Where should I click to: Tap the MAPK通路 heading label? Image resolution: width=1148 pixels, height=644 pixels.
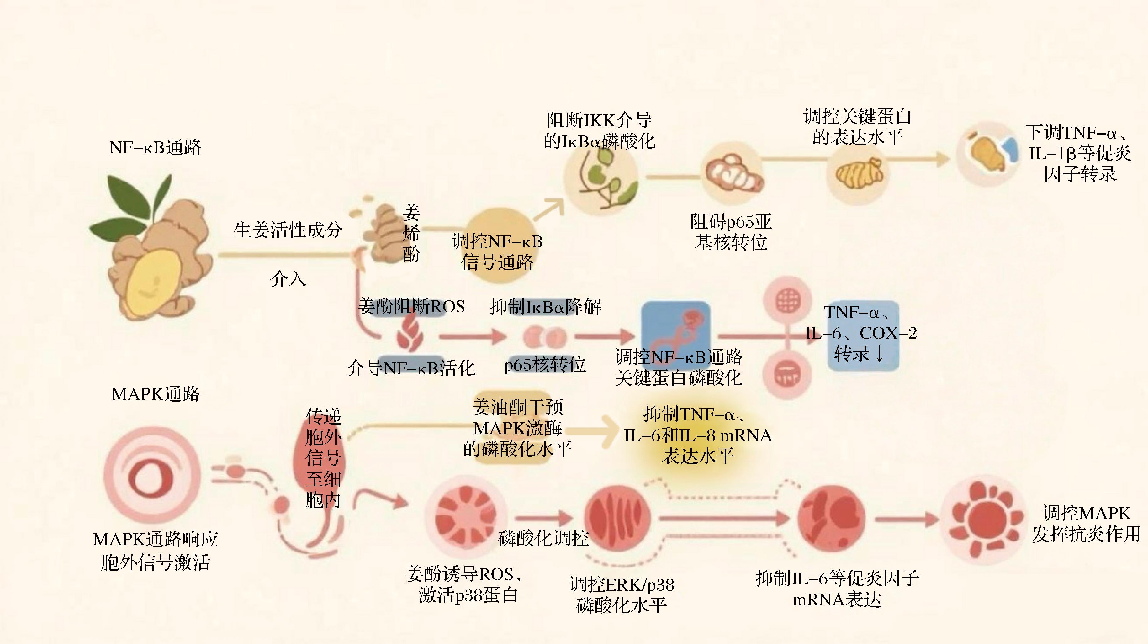click(156, 394)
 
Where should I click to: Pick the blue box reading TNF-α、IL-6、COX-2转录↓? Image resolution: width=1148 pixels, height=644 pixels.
click(862, 334)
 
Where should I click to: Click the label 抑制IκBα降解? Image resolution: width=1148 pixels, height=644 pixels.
click(546, 307)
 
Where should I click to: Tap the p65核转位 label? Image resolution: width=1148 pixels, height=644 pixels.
click(545, 365)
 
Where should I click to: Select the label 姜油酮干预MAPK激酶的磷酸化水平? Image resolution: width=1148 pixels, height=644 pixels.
click(517, 428)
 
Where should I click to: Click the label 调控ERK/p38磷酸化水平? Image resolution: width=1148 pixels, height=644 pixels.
click(622, 594)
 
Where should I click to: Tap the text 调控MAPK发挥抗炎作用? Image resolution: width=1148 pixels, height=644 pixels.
click(1086, 524)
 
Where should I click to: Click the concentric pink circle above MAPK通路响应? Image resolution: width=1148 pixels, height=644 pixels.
click(151, 474)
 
